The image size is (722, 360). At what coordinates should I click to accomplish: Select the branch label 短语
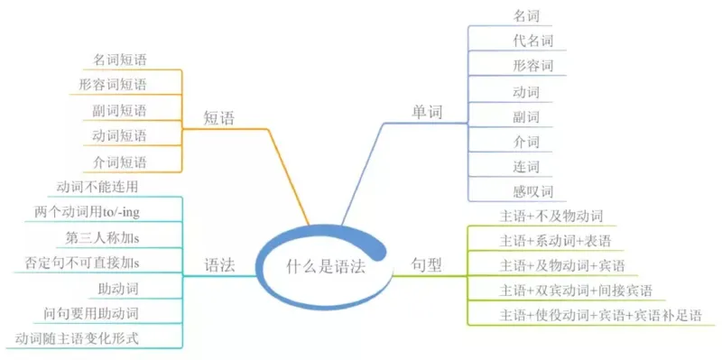pyautogui.click(x=219, y=117)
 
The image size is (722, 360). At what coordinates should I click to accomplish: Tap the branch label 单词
pyautogui.click(x=428, y=112)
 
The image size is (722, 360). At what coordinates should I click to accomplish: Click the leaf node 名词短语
pyautogui.click(x=120, y=60)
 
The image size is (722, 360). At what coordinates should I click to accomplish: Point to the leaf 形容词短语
pyautogui.click(x=113, y=85)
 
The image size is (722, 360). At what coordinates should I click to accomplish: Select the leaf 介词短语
pyautogui.click(x=120, y=162)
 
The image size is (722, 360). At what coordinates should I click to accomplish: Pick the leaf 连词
pyautogui.click(x=525, y=166)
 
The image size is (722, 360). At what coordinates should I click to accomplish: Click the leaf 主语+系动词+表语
pyautogui.click(x=556, y=241)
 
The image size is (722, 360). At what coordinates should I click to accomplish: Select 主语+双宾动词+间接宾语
pyautogui.click(x=576, y=291)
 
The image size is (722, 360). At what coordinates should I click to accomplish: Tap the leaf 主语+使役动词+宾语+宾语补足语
pyautogui.click(x=599, y=315)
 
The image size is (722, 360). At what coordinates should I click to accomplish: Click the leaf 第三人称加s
pyautogui.click(x=108, y=237)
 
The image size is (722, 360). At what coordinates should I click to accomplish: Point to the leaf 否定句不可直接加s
pyautogui.click(x=88, y=263)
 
